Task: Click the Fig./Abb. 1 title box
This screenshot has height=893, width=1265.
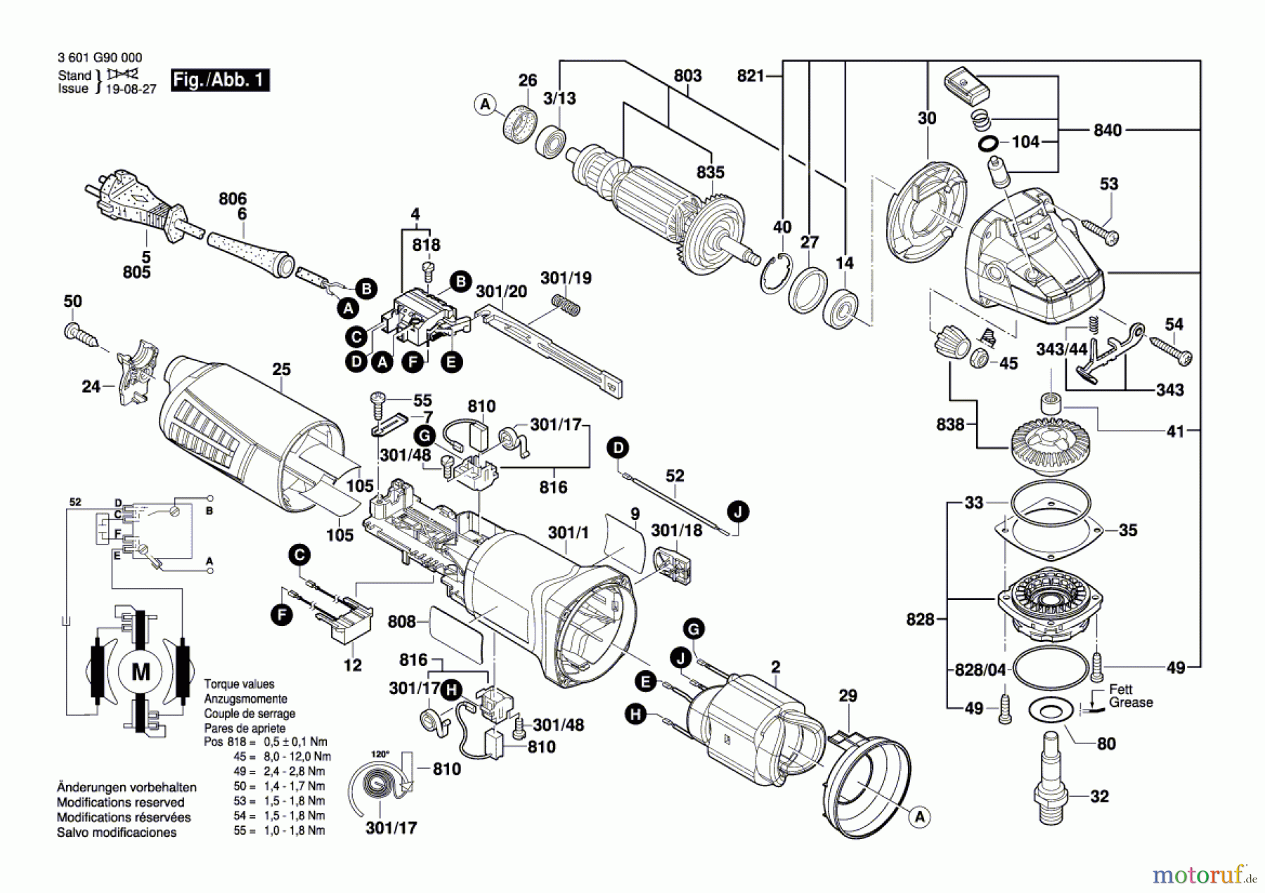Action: (x=220, y=79)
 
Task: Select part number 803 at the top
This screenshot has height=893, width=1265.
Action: (x=687, y=75)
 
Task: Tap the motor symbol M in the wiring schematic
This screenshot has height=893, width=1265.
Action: (x=141, y=672)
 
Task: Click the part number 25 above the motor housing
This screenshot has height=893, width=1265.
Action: (x=281, y=369)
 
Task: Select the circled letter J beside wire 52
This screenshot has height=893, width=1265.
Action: (x=738, y=511)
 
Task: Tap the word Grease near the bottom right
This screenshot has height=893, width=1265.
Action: (x=1131, y=702)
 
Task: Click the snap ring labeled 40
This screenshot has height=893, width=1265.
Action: (x=775, y=273)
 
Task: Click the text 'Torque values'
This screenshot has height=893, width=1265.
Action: (x=239, y=684)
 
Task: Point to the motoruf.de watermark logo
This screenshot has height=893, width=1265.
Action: (x=1204, y=875)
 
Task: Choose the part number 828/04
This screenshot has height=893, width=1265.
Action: (x=980, y=670)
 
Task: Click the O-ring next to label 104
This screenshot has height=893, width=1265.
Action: (x=987, y=144)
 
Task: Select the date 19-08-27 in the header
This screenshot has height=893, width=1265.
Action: (x=131, y=89)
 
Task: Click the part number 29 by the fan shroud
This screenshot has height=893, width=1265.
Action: (x=848, y=696)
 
